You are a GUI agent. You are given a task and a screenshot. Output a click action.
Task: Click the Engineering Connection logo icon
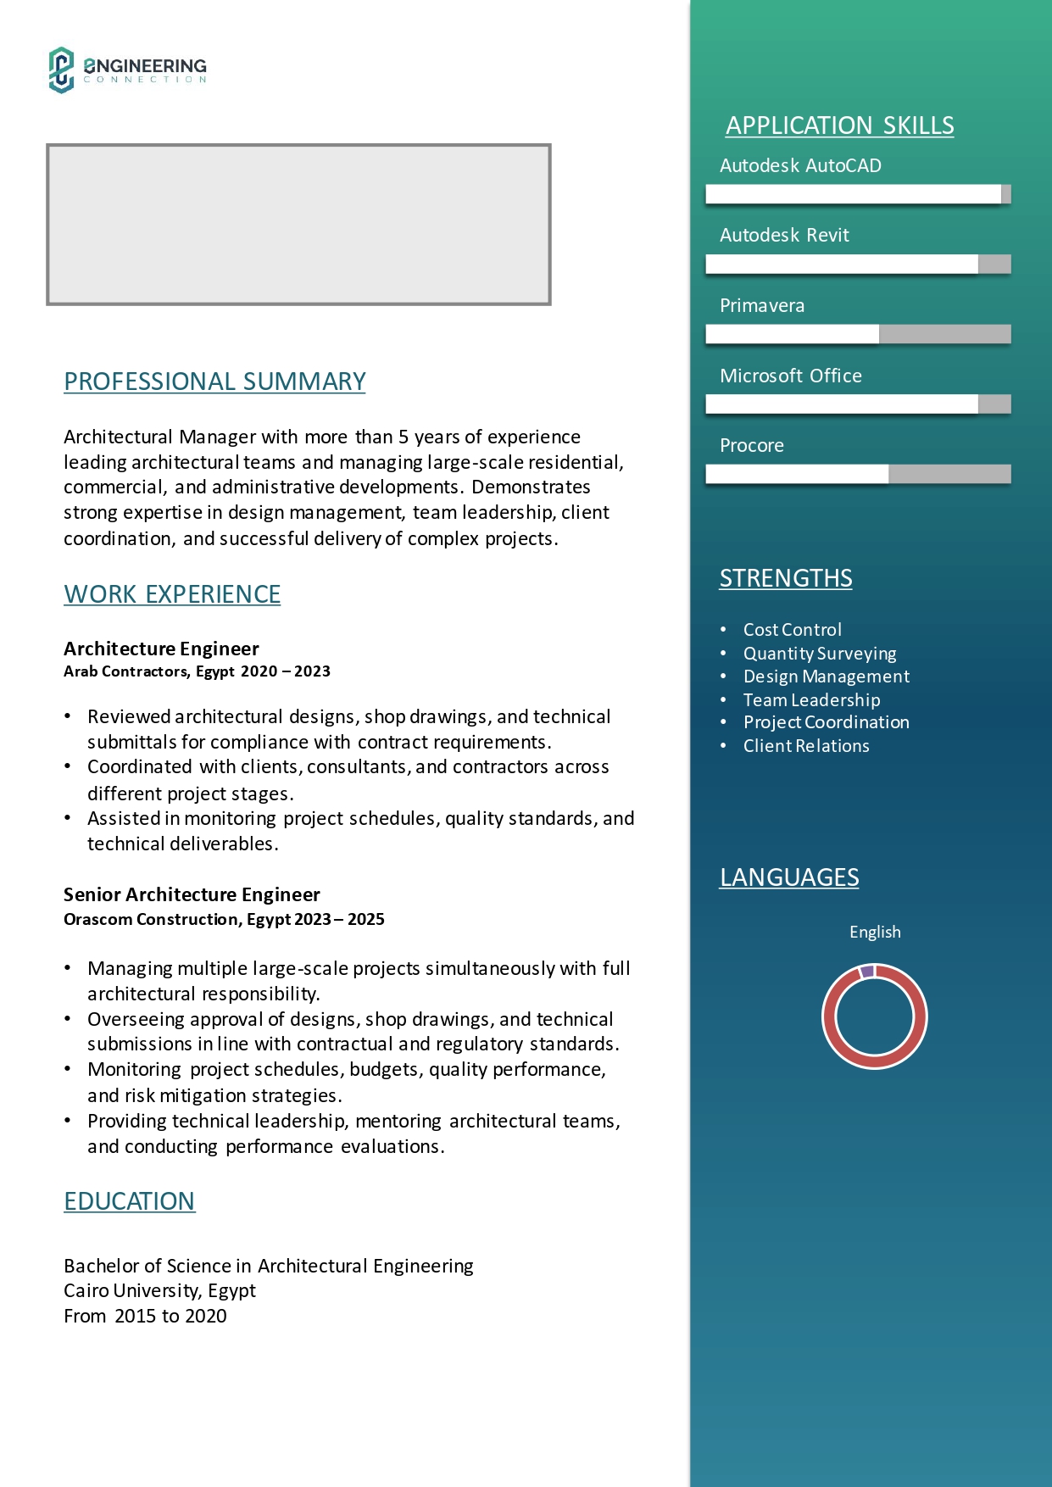[61, 70]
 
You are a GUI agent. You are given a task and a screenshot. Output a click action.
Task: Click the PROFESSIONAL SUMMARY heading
[214, 381]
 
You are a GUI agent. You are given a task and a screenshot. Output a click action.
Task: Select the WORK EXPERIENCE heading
[172, 594]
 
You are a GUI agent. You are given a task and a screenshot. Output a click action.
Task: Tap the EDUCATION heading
[130, 1201]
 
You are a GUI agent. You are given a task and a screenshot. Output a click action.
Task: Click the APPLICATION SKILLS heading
[839, 125]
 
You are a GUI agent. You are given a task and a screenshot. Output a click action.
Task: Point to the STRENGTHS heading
[786, 578]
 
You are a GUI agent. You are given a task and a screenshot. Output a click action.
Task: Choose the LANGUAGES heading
[789, 877]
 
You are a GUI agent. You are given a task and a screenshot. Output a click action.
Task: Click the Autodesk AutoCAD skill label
[800, 165]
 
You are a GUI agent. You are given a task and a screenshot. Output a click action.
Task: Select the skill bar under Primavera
[858, 334]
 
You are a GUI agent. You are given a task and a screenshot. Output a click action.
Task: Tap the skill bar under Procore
[858, 474]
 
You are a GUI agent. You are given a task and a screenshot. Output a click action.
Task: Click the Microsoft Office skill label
[790, 376]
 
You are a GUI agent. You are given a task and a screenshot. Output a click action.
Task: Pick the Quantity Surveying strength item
[820, 654]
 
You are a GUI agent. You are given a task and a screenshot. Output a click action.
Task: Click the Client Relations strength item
[806, 746]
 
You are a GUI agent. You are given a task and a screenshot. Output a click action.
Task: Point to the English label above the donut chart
[875, 932]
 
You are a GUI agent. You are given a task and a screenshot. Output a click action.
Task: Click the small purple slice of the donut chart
[866, 972]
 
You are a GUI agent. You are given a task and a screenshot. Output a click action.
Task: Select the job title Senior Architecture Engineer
[192, 894]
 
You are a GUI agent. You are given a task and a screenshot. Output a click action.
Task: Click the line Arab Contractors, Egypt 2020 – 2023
[197, 671]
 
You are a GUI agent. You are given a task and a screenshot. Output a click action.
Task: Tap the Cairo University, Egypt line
[159, 1290]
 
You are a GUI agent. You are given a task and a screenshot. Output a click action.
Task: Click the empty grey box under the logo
[298, 225]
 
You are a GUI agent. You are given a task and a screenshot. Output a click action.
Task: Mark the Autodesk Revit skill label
[784, 235]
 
